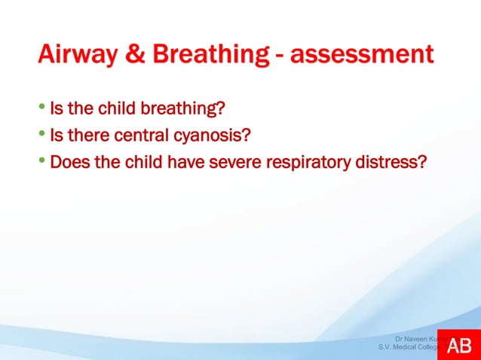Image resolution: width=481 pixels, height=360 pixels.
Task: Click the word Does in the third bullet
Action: coord(66,162)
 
